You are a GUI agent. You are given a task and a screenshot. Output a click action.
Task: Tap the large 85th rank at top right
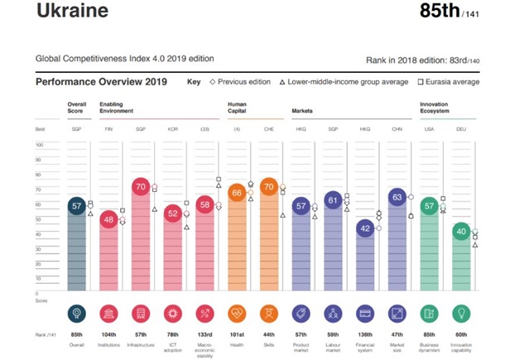pyautogui.click(x=443, y=12)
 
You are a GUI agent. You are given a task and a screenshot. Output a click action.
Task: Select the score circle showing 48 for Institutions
pyautogui.click(x=108, y=219)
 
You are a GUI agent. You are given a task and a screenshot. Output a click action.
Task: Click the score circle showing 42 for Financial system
pyautogui.click(x=365, y=229)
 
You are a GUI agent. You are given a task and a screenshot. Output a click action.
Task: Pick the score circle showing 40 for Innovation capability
pyautogui.click(x=461, y=232)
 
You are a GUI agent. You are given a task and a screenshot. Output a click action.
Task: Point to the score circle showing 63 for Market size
pyautogui.click(x=397, y=197)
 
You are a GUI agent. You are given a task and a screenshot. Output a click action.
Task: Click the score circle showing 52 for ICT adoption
pyautogui.click(x=172, y=213)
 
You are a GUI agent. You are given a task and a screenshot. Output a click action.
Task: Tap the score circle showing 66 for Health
pyautogui.click(x=237, y=193)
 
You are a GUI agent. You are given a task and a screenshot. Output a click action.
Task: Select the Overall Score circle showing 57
pyautogui.click(x=75, y=206)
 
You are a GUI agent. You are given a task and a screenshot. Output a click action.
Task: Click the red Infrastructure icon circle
pyautogui.click(x=140, y=314)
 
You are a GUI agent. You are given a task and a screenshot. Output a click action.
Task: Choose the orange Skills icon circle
pyautogui.click(x=268, y=314)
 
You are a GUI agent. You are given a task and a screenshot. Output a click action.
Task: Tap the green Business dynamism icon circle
pyautogui.click(x=429, y=314)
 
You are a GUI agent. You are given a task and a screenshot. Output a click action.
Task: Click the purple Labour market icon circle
pyautogui.click(x=333, y=314)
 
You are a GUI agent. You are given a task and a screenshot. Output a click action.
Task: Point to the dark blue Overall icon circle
pyautogui.click(x=75, y=314)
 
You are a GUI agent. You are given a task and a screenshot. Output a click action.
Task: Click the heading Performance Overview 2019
pyautogui.click(x=102, y=82)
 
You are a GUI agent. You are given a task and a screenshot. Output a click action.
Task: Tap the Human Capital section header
pyautogui.click(x=238, y=106)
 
